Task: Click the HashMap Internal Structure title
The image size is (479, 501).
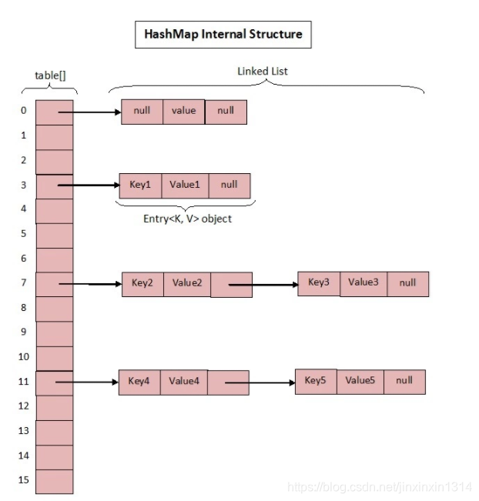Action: coord(223,35)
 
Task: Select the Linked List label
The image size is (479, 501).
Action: coord(263,71)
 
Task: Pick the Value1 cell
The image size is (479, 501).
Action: coord(185,185)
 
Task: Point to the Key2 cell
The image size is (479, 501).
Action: coord(142,283)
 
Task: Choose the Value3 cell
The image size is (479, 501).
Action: coord(363,282)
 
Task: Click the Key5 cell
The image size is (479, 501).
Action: coord(316,380)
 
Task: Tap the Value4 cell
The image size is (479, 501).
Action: coord(183,381)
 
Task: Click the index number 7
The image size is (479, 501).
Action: coord(24,282)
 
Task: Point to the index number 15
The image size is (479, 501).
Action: coord(24,480)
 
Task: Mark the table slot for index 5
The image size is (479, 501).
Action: coord(55,234)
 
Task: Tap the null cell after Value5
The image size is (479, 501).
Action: coord(404,380)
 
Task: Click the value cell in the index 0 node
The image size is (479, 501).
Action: coord(183,111)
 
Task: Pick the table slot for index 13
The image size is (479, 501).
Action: coord(55,431)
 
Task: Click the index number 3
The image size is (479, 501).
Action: coord(24,185)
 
